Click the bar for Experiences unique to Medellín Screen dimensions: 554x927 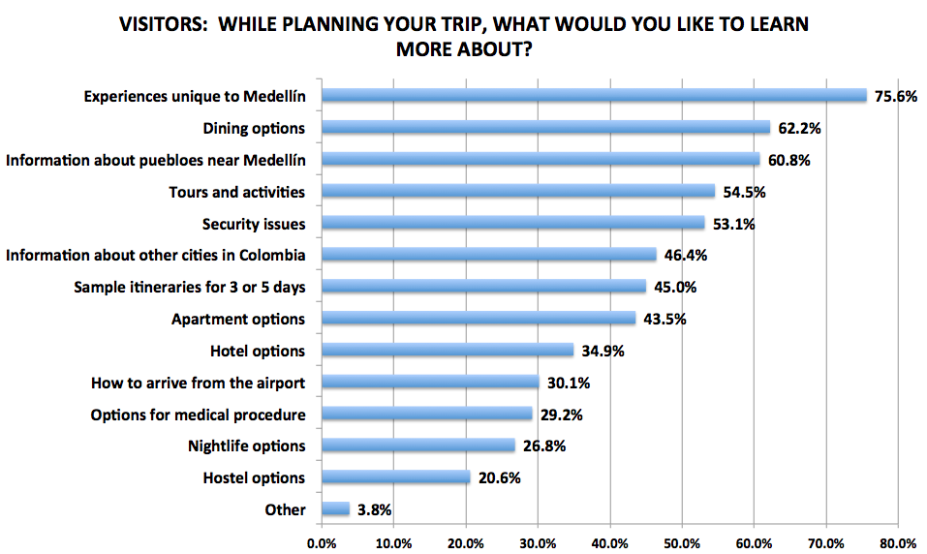[x=594, y=95]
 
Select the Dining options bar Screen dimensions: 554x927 [x=545, y=127]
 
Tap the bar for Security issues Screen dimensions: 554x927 [x=512, y=223]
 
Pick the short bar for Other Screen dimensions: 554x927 [x=335, y=508]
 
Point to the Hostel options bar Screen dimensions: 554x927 [x=395, y=477]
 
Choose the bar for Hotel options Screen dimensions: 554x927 [x=447, y=350]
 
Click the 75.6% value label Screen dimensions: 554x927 [x=895, y=96]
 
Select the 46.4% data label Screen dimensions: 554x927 [x=684, y=256]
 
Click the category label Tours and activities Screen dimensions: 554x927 [x=237, y=192]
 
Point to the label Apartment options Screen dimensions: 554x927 [x=238, y=319]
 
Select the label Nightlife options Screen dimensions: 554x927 [x=246, y=446]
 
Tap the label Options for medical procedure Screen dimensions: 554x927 [x=198, y=415]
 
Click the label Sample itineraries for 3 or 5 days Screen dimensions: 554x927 [x=190, y=288]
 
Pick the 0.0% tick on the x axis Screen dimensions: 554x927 [x=321, y=542]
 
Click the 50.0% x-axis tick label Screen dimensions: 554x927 [x=682, y=542]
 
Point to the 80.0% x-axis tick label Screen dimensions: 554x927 [x=898, y=542]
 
